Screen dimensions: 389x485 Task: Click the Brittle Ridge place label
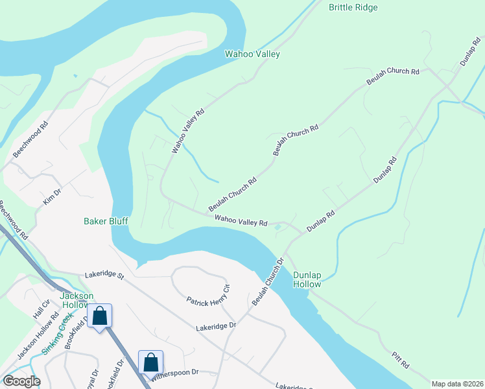[x=353, y=8]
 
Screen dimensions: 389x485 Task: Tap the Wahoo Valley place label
[x=252, y=54]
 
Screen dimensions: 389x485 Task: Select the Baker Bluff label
[x=106, y=221]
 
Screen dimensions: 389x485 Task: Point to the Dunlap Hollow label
[x=307, y=279]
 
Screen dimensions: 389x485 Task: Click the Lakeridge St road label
[x=104, y=276]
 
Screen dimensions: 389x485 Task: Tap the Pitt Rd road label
[x=400, y=360]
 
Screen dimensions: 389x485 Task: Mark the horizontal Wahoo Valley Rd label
[x=241, y=222]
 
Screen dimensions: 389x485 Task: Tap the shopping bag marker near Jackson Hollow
[x=100, y=317]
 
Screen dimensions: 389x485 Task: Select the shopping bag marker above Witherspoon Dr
[x=150, y=362]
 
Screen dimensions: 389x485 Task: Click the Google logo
[x=21, y=381]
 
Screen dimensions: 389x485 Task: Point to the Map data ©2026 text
[x=456, y=383]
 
